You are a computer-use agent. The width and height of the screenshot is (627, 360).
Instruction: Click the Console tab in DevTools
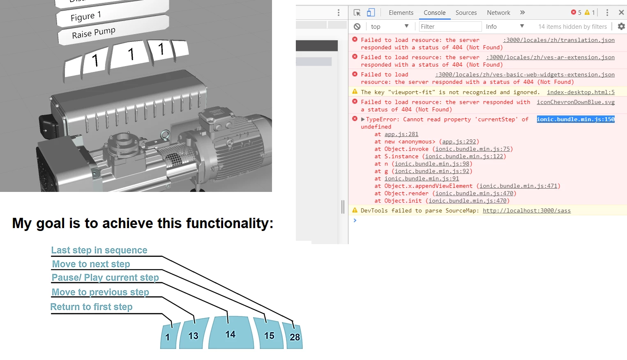pyautogui.click(x=434, y=13)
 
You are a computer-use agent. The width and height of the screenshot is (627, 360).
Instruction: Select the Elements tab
pyautogui.click(x=401, y=13)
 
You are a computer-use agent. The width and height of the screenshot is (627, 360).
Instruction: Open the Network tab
pyautogui.click(x=498, y=13)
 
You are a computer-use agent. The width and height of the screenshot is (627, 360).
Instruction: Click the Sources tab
pyautogui.click(x=466, y=13)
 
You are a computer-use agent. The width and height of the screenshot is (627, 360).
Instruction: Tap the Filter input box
pyautogui.click(x=450, y=27)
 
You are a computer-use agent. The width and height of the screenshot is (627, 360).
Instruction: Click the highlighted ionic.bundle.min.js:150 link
pyautogui.click(x=575, y=119)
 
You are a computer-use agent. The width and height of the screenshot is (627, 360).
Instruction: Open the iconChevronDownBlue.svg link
pyautogui.click(x=575, y=102)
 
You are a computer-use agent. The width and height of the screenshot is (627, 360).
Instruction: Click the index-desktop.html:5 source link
pyautogui.click(x=581, y=92)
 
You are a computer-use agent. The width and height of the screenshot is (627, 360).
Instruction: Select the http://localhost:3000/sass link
pyautogui.click(x=526, y=210)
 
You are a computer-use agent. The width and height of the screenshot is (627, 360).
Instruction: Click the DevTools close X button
pyautogui.click(x=621, y=13)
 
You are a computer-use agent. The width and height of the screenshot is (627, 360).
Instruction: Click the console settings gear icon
pyautogui.click(x=621, y=26)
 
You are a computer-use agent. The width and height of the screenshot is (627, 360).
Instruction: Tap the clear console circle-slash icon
pyautogui.click(x=357, y=27)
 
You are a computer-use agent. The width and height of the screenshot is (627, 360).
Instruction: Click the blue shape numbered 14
pyautogui.click(x=230, y=334)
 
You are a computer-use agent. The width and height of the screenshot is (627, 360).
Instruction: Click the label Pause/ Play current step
pyautogui.click(x=105, y=278)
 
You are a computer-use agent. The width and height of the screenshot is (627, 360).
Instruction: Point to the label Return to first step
pyautogui.click(x=91, y=307)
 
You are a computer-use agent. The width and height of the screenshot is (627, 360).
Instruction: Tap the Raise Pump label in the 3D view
pyautogui.click(x=94, y=33)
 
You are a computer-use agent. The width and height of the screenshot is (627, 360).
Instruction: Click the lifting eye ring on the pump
pyautogui.click(x=165, y=135)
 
